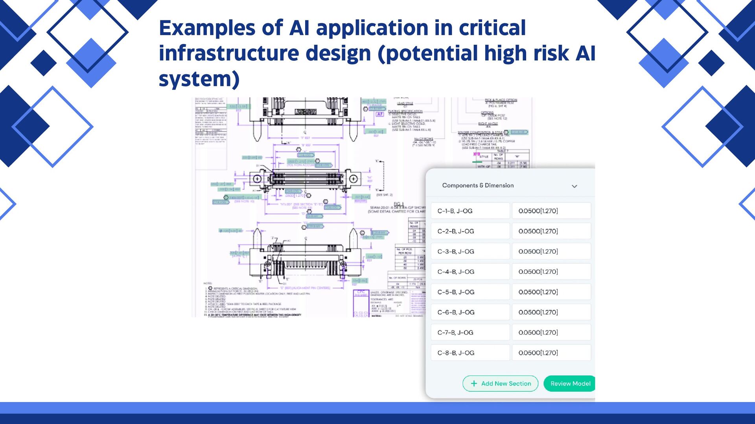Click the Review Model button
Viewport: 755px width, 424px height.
570,384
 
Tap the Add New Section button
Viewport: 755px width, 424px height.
500,384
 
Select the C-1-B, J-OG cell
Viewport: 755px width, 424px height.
470,211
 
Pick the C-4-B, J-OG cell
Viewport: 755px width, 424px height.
470,272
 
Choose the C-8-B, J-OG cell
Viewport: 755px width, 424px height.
470,353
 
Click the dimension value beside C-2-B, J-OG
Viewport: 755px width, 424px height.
551,231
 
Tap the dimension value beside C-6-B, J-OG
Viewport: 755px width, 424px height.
551,312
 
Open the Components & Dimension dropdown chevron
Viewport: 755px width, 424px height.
574,186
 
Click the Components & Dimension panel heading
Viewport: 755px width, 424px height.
478,185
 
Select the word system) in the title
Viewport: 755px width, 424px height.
199,79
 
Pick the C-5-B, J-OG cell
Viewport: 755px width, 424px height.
470,292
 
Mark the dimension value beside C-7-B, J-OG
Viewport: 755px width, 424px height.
551,333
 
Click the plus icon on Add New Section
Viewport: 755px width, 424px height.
474,384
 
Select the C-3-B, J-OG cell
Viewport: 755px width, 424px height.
470,251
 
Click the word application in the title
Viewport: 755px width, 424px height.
372,28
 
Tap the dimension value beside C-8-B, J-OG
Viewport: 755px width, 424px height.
551,353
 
